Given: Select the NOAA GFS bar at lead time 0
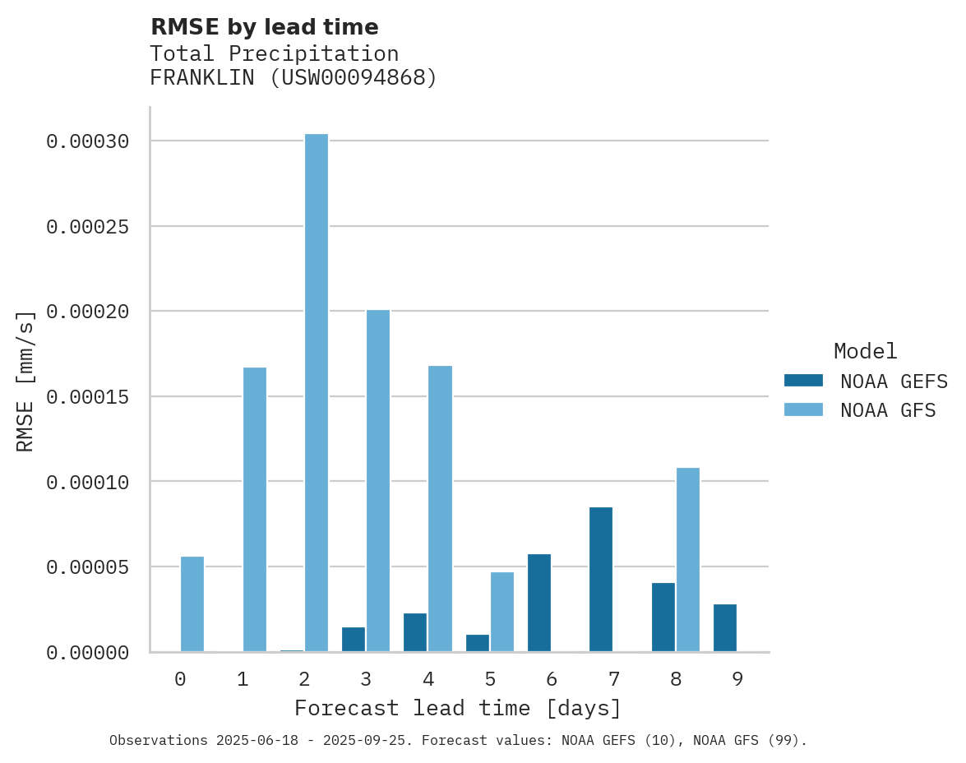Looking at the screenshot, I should tap(192, 604).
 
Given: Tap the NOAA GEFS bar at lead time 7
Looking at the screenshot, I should tap(601, 580).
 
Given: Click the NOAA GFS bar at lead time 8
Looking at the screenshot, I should tap(688, 560).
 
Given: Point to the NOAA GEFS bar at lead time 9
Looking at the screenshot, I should tap(725, 628).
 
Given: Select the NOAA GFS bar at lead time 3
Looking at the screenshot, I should tap(378, 481).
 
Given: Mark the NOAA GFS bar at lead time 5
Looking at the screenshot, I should tap(502, 612).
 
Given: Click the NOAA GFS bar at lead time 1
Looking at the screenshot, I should tap(255, 510).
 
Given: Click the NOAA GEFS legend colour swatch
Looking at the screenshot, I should tap(803, 380).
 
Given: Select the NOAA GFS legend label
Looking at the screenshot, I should tap(888, 410).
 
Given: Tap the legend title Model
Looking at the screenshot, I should tap(865, 351).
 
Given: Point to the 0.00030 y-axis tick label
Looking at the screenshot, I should tap(88, 141).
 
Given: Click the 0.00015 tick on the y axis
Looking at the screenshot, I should tap(88, 397).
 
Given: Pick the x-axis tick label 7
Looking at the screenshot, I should tap(614, 679).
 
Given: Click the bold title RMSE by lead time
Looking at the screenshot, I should tap(265, 27).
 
